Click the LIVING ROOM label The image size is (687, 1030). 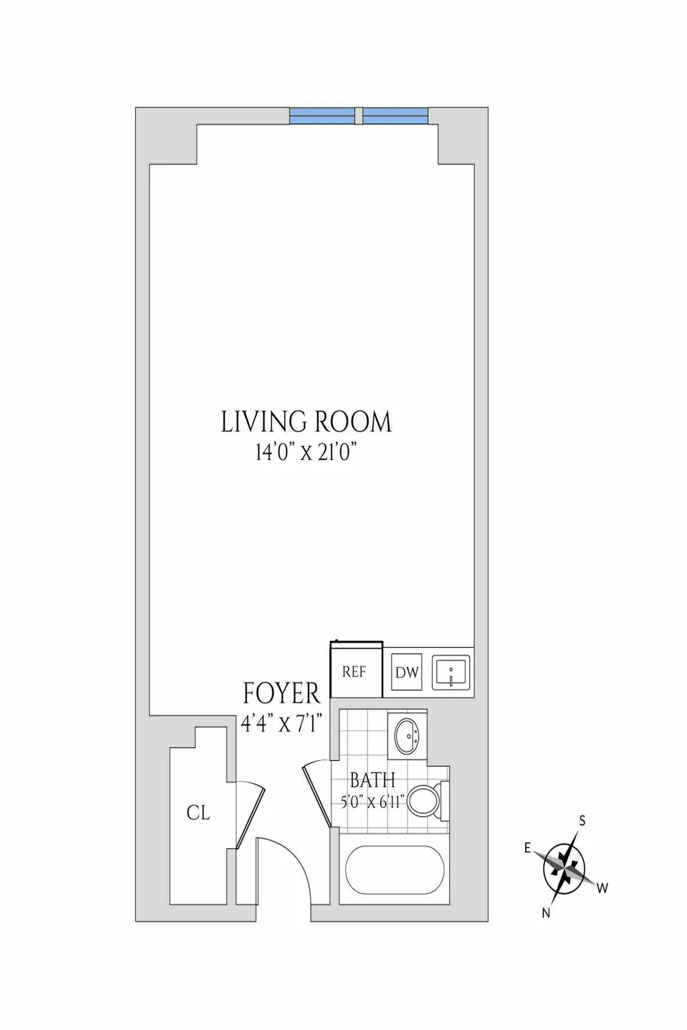pos(306,422)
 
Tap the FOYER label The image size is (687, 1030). pos(281,694)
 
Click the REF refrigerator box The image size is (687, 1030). pos(354,672)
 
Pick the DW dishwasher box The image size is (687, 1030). pos(406,672)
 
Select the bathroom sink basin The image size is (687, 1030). pos(407,736)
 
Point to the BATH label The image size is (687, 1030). pos(372,780)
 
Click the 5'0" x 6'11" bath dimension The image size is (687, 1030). pos(373,802)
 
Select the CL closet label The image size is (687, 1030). pos(198,813)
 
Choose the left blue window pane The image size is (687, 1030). pos(322,116)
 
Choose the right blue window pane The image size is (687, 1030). pos(395,116)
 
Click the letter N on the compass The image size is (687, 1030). pos(546,914)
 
